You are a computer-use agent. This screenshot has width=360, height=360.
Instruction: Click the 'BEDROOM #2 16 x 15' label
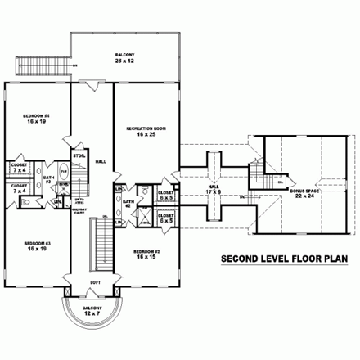click(146, 254)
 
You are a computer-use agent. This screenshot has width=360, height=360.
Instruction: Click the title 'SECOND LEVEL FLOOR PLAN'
click(284, 261)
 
